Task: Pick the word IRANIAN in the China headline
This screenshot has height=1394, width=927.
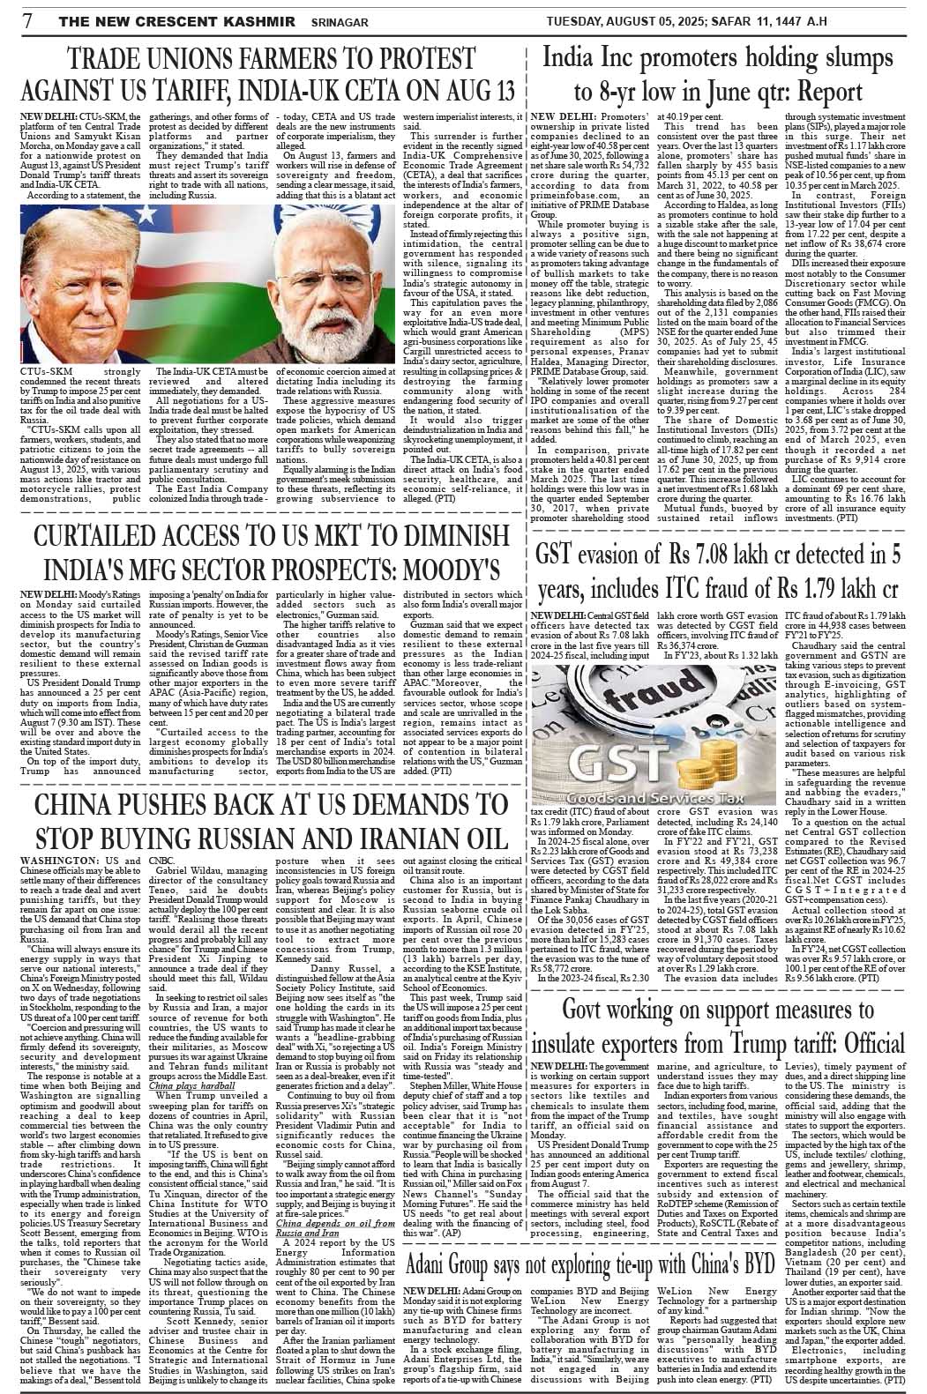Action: click(396, 835)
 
